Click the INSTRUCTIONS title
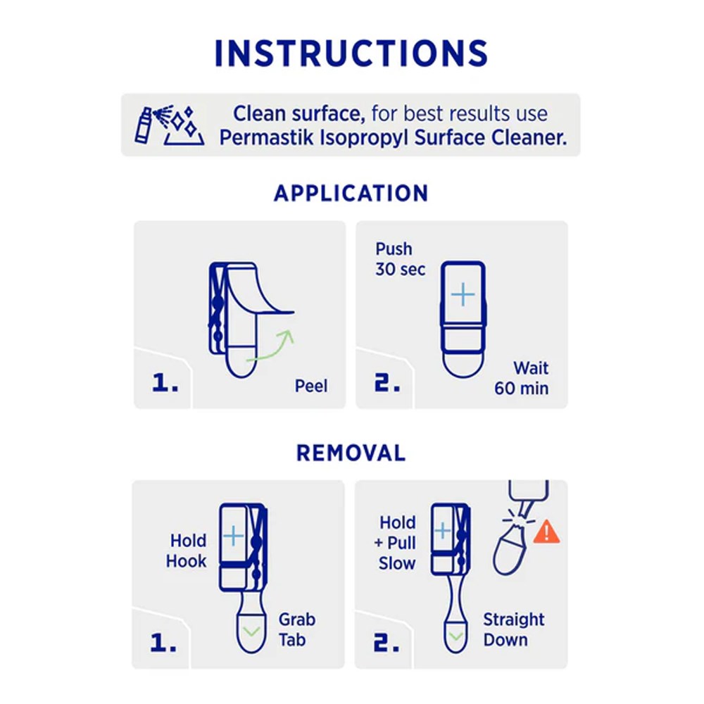point(351,54)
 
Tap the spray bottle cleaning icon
point(170,125)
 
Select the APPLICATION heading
point(351,194)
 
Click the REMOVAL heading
point(351,453)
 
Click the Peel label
point(311,386)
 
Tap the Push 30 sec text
point(400,259)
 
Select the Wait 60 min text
point(521,378)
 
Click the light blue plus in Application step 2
point(463,295)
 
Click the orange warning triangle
point(546,532)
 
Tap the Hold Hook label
point(187,551)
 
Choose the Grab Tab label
point(297,629)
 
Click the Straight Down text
point(514,629)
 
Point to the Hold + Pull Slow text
point(395,543)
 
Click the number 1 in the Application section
point(165,383)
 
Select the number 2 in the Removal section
point(386,643)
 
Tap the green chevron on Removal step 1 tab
point(251,631)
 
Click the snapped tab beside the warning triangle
point(510,550)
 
